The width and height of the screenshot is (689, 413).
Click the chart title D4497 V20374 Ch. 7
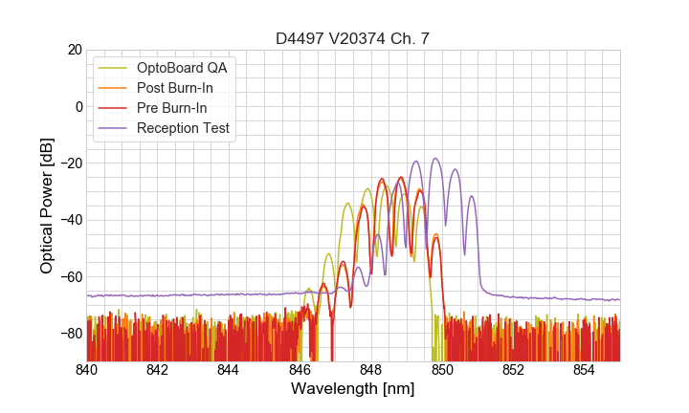[x=353, y=38]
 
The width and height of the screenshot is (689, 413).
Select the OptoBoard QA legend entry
[x=182, y=69]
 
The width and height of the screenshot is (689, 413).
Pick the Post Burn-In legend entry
[x=174, y=89]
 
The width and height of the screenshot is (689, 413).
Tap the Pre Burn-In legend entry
[x=171, y=108]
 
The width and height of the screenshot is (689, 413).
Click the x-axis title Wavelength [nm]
[x=353, y=388]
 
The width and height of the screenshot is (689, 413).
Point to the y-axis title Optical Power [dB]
[x=47, y=205]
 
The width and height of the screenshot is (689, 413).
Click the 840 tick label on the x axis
[x=87, y=370]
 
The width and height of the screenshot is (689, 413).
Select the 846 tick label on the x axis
[x=300, y=370]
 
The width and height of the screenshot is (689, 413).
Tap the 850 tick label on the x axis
[x=442, y=370]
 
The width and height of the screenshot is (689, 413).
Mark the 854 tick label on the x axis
[x=584, y=370]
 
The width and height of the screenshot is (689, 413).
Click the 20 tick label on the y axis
[x=74, y=50]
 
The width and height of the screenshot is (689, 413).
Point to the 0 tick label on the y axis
[x=78, y=106]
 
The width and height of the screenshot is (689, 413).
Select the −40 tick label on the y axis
[x=70, y=220]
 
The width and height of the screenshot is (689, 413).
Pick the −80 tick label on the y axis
[x=70, y=334]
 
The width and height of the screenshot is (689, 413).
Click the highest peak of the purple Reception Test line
[x=435, y=159]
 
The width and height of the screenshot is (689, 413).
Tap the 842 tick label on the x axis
[x=158, y=370]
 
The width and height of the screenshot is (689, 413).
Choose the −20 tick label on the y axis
[x=70, y=163]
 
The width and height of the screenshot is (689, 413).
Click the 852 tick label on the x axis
[x=513, y=370]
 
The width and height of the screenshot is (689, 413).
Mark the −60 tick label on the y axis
[x=70, y=277]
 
